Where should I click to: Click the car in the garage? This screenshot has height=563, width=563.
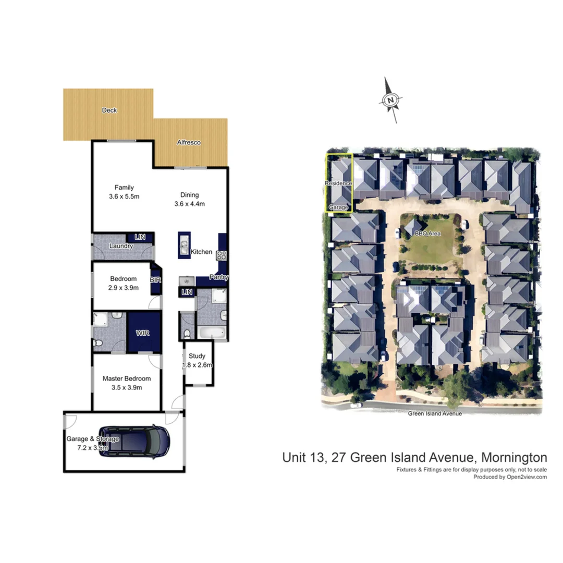(x=134, y=440)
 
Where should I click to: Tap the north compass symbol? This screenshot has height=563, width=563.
(x=391, y=100)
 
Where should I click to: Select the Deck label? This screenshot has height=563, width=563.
(x=109, y=111)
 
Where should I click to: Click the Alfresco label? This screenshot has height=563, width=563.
(x=189, y=142)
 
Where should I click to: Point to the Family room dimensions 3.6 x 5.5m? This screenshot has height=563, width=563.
(x=125, y=197)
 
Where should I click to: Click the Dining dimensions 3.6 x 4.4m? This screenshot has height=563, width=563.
(x=190, y=204)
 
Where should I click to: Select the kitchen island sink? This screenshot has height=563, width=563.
(x=183, y=244)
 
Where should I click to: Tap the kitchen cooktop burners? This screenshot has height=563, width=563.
(x=222, y=255)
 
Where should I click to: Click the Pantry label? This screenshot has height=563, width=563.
(x=219, y=277)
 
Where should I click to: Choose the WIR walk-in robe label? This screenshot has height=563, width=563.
(x=142, y=333)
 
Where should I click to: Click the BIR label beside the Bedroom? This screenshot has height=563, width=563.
(x=155, y=280)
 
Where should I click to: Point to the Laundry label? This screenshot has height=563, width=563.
(x=120, y=246)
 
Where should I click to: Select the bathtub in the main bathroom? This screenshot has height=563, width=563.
(x=212, y=332)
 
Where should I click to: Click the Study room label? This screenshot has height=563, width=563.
(x=198, y=356)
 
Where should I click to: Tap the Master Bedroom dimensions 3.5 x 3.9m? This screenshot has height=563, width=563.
(x=127, y=387)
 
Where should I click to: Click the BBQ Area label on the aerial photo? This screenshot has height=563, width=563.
(x=427, y=234)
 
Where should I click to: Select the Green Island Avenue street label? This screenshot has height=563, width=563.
(x=435, y=413)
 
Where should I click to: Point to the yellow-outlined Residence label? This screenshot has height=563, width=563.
(x=338, y=183)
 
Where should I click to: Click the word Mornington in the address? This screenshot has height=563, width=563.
(x=513, y=458)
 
